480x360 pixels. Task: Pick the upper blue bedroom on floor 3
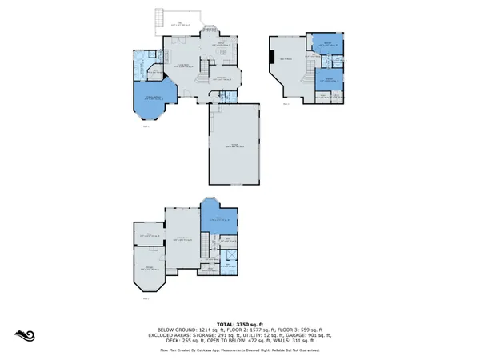328,45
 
